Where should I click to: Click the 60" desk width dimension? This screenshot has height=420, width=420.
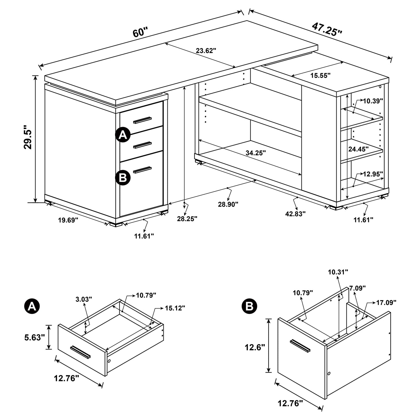tap(140, 32)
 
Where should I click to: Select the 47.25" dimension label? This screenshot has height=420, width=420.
tap(327, 29)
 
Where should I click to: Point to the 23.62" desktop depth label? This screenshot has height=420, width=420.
tap(206, 51)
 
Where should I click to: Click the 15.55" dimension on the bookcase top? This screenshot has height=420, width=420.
tap(320, 76)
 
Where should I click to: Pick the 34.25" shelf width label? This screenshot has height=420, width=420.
tap(256, 153)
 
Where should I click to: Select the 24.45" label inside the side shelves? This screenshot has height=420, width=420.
tap(358, 149)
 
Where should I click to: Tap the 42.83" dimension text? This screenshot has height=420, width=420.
tap(296, 214)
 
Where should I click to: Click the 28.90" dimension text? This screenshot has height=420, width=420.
tap(228, 204)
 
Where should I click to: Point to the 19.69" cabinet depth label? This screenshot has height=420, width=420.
tap(68, 220)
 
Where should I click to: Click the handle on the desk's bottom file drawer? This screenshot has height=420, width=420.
tap(142, 170)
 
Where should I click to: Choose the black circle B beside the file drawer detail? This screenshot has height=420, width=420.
tap(249, 306)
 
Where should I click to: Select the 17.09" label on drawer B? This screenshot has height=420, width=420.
tap(386, 303)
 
